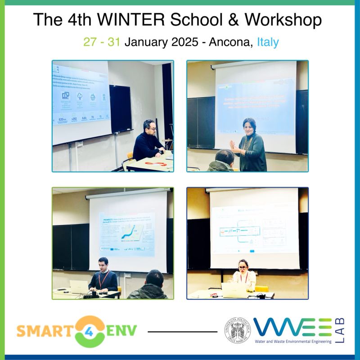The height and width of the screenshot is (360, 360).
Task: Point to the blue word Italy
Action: click(x=268, y=42)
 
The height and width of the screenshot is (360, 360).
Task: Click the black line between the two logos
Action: click(x=182, y=332)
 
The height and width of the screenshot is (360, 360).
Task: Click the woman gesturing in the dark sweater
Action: click(x=249, y=144)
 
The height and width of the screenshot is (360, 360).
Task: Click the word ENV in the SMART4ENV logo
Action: click(x=121, y=332)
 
